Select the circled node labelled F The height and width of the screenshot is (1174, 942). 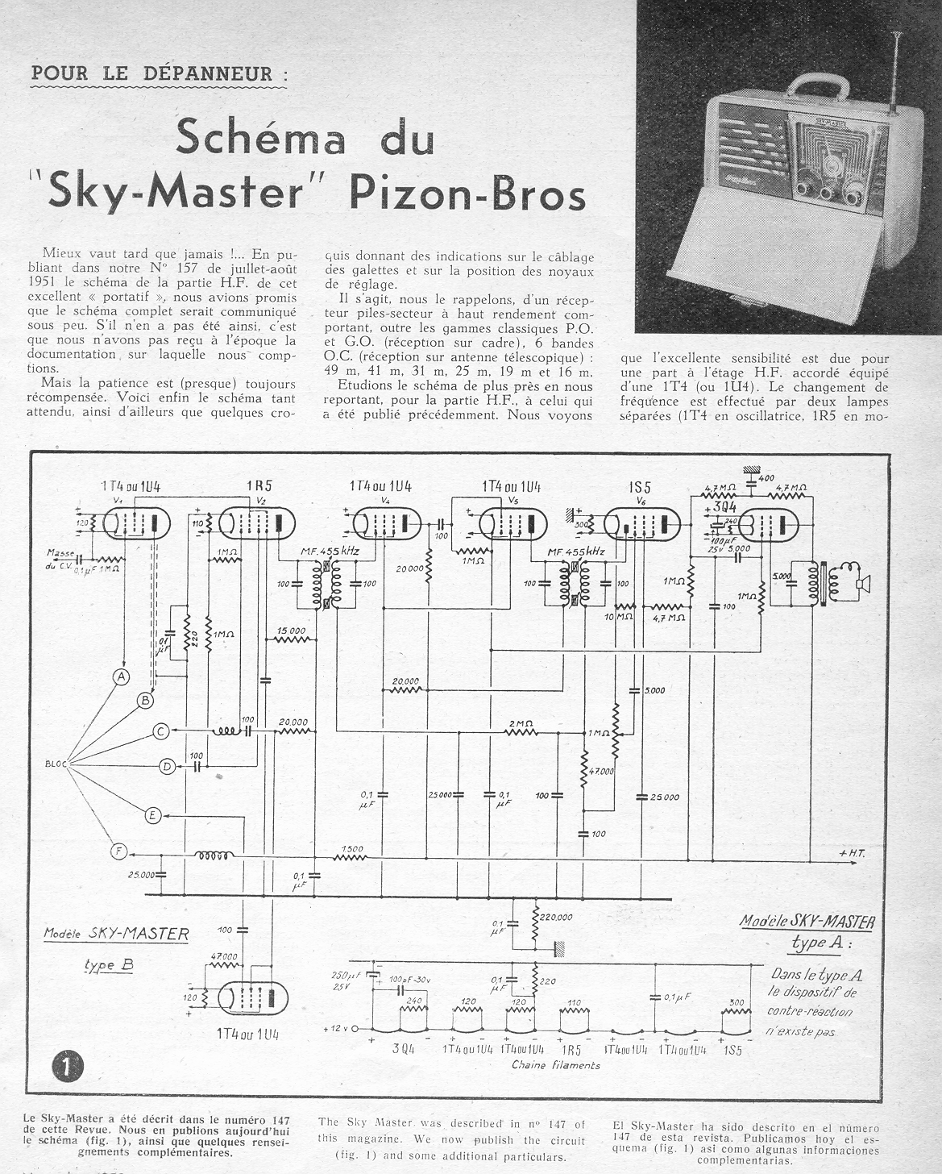[x=119, y=850]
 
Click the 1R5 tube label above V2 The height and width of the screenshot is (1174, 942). [x=257, y=487]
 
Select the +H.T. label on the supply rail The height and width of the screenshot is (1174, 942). [x=852, y=853]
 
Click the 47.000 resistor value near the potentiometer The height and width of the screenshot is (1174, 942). [x=600, y=771]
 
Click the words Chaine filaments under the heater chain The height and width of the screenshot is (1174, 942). [x=556, y=1065]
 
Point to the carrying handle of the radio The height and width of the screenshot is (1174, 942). [x=826, y=84]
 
